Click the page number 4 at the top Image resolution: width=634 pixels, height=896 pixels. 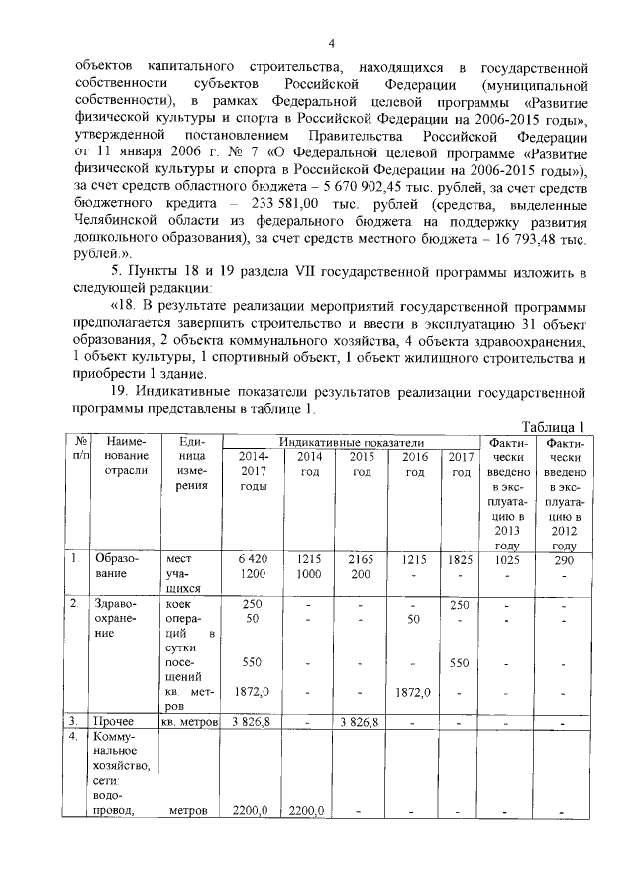(332, 42)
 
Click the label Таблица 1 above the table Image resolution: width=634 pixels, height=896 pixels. (551, 426)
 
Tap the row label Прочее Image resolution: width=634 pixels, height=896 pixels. (115, 721)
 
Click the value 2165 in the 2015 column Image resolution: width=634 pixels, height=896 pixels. (362, 559)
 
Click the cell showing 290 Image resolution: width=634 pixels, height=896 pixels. (564, 559)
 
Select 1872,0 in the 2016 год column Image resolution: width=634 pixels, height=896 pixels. (412, 691)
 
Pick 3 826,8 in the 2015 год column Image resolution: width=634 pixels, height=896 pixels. (362, 721)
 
